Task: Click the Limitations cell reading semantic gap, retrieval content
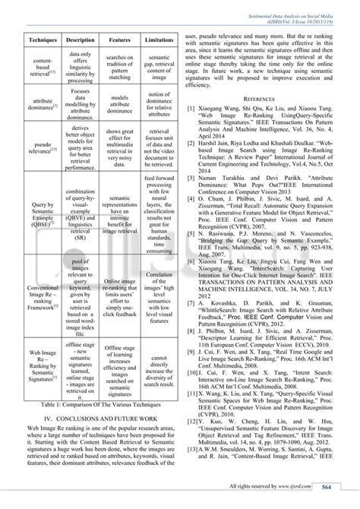(159, 68)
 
